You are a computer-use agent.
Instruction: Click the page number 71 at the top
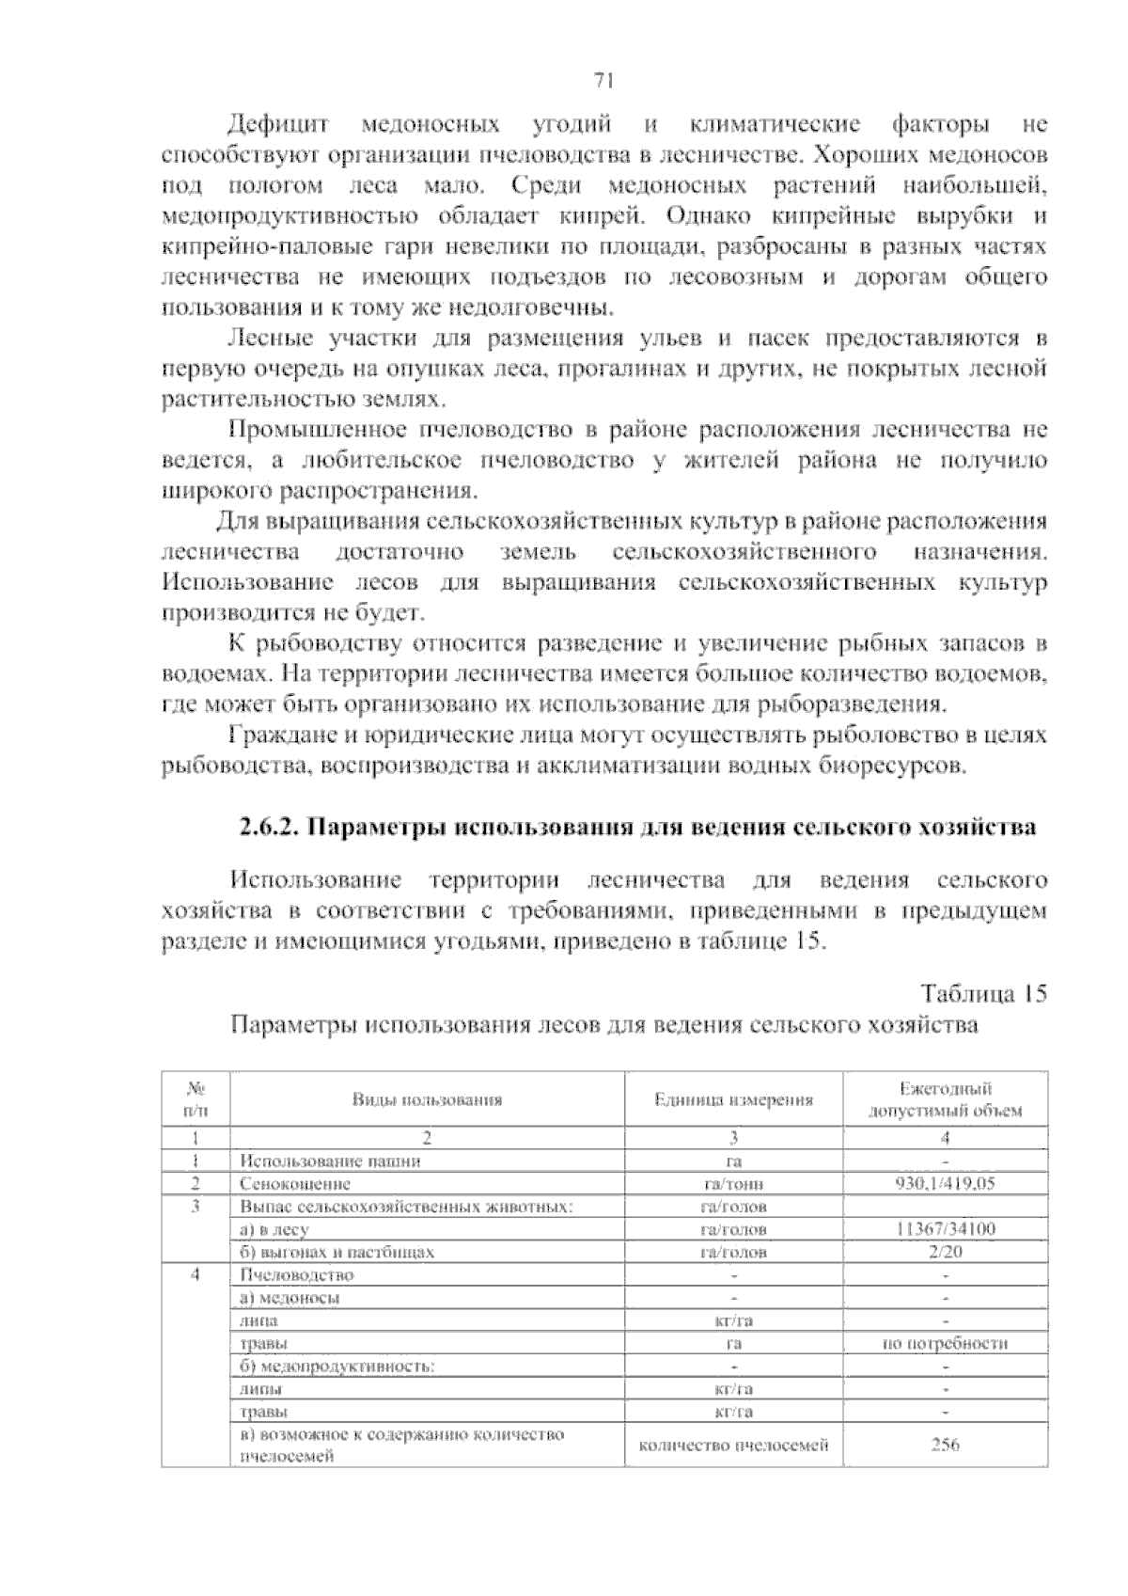pos(604,81)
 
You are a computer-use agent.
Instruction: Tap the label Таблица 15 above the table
pos(983,994)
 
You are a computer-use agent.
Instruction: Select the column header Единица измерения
pos(733,1099)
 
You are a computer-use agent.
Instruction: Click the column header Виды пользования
pos(427,1099)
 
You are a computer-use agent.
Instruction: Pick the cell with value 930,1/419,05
pos(945,1184)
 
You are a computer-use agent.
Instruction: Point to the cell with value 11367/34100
pos(945,1229)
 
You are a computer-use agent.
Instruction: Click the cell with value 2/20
pos(945,1252)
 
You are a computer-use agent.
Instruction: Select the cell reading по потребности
pos(945,1343)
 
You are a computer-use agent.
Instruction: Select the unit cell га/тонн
pos(733,1184)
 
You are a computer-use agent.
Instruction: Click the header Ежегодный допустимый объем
pos(945,1099)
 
